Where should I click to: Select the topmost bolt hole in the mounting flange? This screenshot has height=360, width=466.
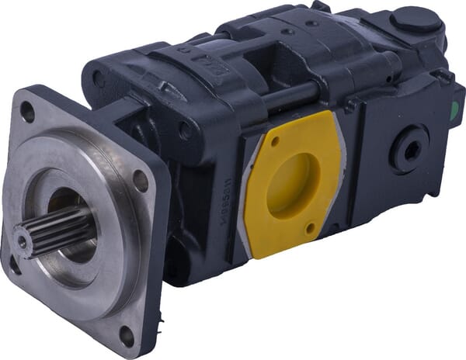27,112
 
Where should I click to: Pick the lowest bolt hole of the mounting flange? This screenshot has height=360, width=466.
126,335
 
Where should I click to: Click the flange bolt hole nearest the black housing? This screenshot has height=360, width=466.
140,181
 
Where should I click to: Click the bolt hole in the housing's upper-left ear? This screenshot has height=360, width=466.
99,78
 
